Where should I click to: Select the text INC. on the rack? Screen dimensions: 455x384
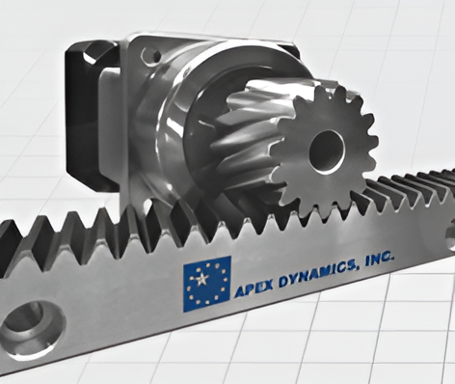click(379, 260)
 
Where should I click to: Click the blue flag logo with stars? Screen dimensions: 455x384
click(207, 284)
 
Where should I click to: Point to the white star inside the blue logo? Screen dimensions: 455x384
click(202, 279)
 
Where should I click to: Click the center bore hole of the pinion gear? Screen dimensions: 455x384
click(327, 151)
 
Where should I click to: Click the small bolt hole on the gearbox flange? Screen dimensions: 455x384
click(151, 56)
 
